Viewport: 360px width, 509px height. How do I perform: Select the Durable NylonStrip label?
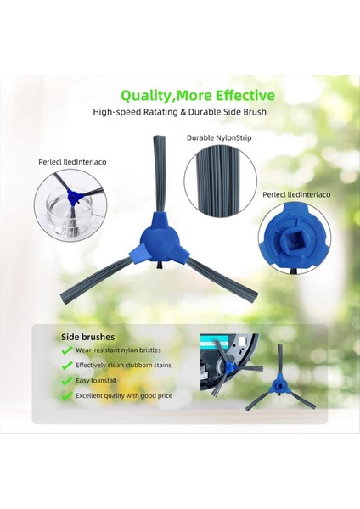pyautogui.click(x=217, y=137)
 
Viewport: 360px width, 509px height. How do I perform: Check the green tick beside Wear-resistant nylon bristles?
pyautogui.click(x=66, y=350)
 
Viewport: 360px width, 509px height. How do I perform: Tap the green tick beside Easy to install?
pyautogui.click(x=66, y=381)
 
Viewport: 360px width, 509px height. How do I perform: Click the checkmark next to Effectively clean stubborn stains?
pyautogui.click(x=66, y=366)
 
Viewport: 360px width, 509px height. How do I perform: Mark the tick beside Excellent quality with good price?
pyautogui.click(x=66, y=396)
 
